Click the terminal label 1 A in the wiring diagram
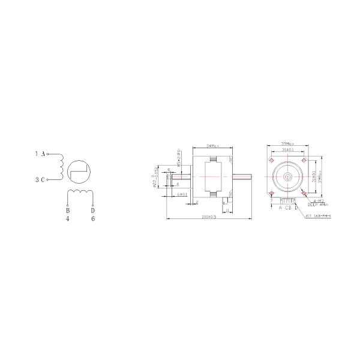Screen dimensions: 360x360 point(40,154)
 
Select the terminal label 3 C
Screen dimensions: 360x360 point(40,179)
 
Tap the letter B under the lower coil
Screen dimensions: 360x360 point(68,211)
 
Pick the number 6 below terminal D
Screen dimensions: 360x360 point(92,219)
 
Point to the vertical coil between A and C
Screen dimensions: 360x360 point(60,166)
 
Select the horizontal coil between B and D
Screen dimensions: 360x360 point(80,193)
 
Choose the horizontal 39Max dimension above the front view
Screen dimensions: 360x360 point(289,144)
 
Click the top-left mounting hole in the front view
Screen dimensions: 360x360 point(273,162)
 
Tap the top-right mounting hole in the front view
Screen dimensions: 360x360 point(305,162)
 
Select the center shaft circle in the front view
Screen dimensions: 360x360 point(289,178)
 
